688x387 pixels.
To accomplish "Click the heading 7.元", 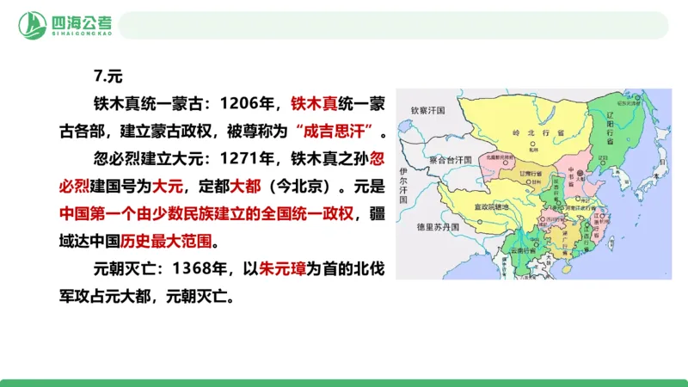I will tap(107, 75).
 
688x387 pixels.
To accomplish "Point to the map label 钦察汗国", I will tap(427, 110).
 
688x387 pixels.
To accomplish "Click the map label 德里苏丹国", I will tap(440, 227).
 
